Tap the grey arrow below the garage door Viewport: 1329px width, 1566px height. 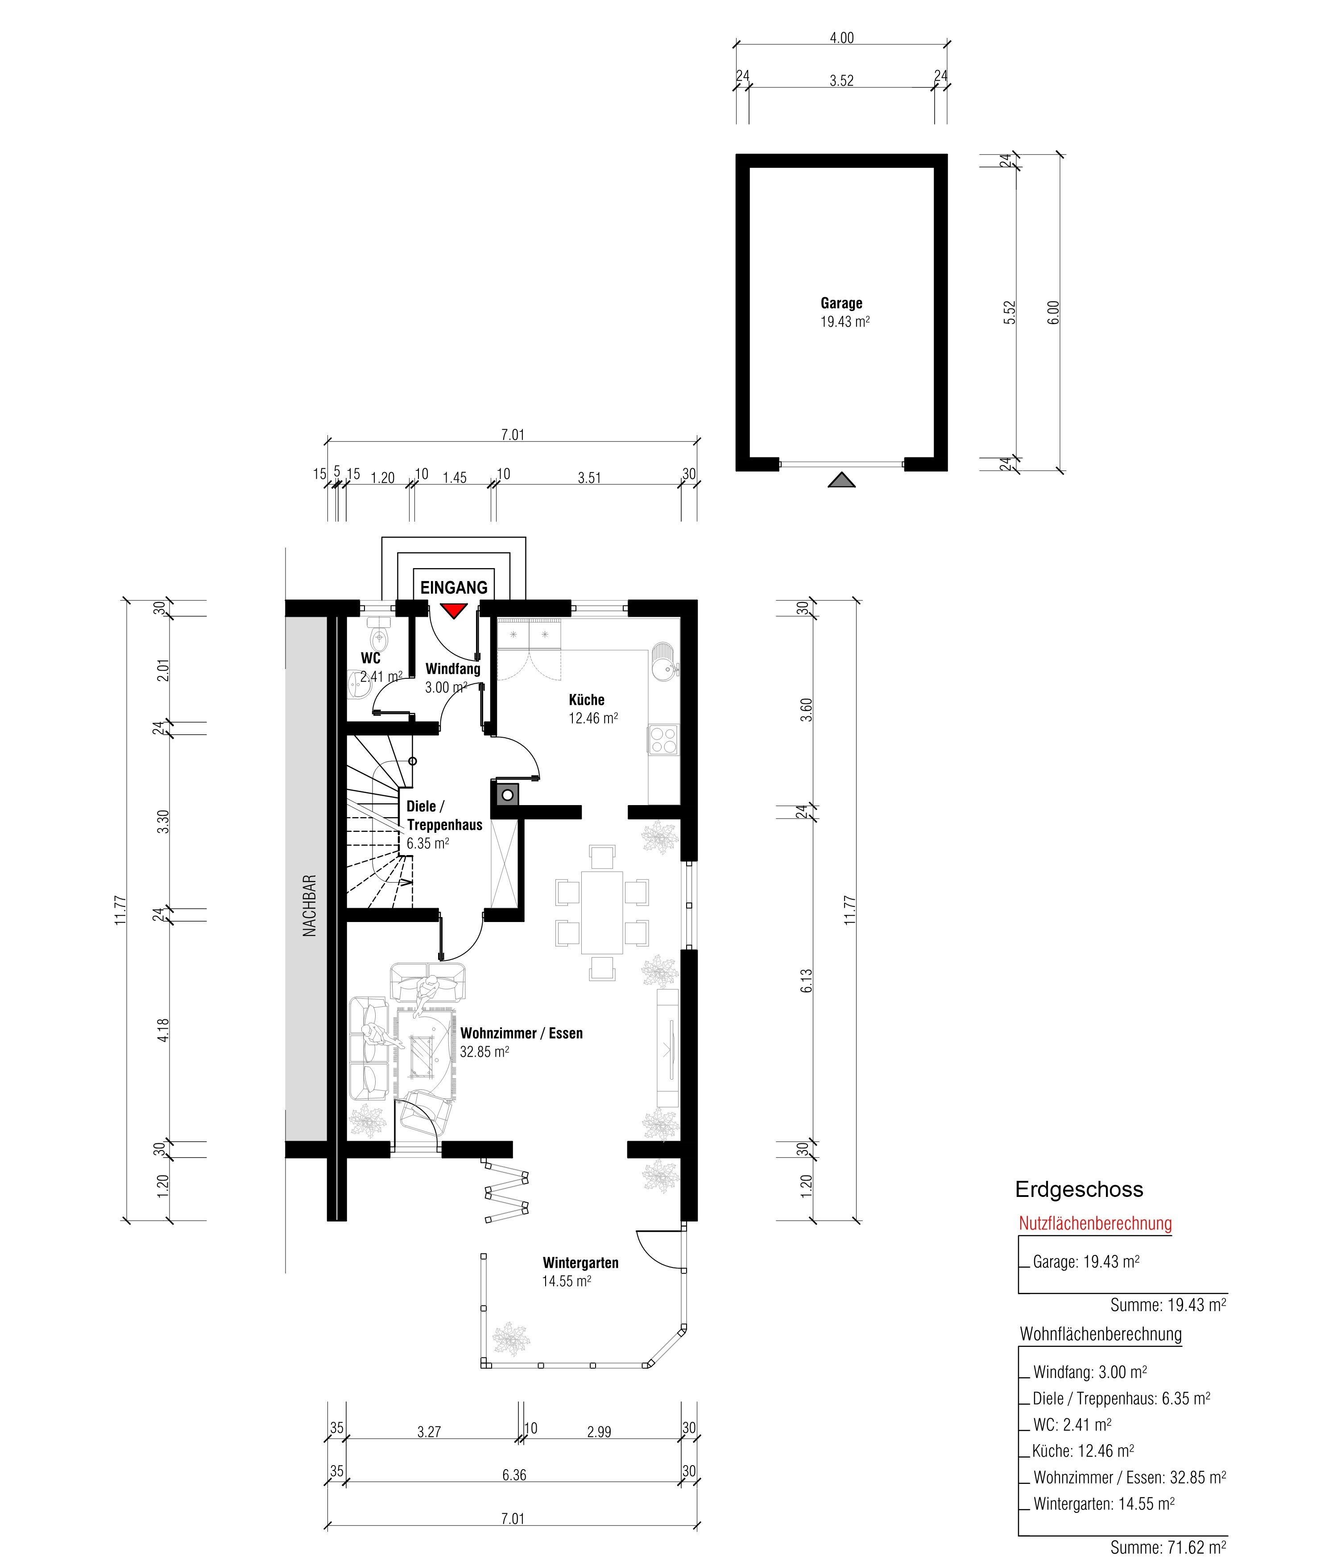841,480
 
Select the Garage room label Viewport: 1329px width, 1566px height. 841,303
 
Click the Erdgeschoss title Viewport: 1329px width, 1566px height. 1079,1189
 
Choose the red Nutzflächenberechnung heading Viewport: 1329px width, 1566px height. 1095,1223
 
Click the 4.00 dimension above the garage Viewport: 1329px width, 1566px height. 841,37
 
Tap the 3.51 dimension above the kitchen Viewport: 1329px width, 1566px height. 589,478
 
